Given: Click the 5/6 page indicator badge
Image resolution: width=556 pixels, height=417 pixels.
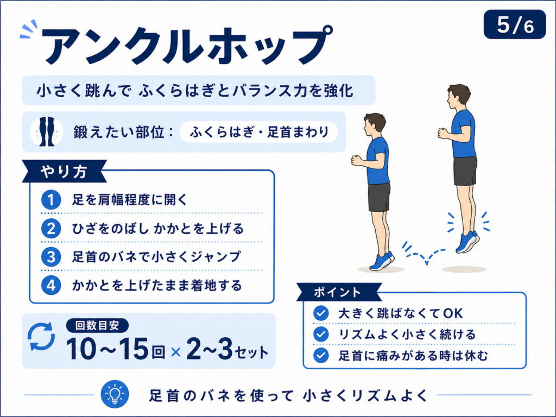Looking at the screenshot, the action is pyautogui.click(x=515, y=24).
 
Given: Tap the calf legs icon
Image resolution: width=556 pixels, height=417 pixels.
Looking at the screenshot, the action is pyautogui.click(x=47, y=131).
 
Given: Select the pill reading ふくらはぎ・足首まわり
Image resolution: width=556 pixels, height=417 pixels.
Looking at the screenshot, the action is pyautogui.click(x=259, y=132).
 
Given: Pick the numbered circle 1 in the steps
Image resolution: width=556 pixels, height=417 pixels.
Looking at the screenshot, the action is pyautogui.click(x=51, y=200).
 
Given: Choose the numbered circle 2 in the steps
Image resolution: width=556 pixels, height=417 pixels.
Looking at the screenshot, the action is pyautogui.click(x=51, y=229).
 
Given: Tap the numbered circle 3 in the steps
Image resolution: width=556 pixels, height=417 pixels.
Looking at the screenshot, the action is pyautogui.click(x=51, y=257).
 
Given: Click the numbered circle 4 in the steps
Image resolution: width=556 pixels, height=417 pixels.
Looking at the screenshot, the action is pyautogui.click(x=51, y=285).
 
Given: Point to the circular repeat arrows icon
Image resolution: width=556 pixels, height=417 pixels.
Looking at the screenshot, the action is pyautogui.click(x=41, y=337).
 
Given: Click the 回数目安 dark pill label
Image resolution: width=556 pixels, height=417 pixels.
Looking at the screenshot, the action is pyautogui.click(x=97, y=326).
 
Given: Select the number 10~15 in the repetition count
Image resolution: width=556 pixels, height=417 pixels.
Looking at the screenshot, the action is pyautogui.click(x=107, y=349).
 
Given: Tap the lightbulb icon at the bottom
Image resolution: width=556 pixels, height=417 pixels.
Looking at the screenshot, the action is pyautogui.click(x=115, y=394).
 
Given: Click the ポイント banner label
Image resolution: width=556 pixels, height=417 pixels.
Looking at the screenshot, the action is pyautogui.click(x=338, y=293).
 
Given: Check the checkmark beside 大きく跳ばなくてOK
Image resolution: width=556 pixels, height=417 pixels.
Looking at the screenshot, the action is pyautogui.click(x=321, y=313).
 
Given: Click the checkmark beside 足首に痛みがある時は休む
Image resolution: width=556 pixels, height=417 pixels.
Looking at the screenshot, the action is pyautogui.click(x=321, y=355).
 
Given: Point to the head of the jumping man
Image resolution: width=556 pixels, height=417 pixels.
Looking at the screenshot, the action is pyautogui.click(x=458, y=98).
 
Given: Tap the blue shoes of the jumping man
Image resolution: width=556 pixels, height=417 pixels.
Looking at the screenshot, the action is pyautogui.click(x=467, y=242).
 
